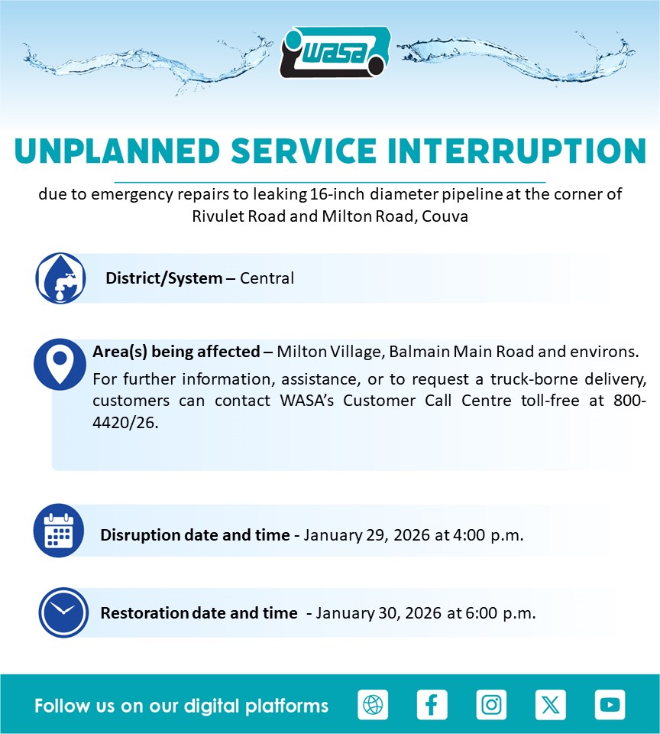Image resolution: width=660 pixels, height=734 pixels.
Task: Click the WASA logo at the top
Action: (335, 52)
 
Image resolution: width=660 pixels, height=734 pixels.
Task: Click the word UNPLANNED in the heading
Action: (118, 151)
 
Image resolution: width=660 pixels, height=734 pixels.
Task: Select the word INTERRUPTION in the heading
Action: (517, 151)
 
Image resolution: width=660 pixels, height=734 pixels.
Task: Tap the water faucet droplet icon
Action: (61, 278)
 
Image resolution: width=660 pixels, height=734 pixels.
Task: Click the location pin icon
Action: (60, 364)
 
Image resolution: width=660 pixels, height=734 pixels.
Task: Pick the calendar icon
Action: (59, 531)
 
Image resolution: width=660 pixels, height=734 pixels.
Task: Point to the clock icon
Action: (63, 612)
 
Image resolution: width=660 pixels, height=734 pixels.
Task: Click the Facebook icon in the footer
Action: (432, 704)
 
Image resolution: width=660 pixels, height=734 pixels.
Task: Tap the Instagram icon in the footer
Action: (491, 704)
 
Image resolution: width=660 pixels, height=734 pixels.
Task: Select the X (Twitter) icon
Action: (551, 704)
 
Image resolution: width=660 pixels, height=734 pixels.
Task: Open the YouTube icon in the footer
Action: (610, 704)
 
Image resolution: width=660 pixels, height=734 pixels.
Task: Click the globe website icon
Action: (373, 704)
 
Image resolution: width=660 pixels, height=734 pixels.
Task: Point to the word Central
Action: (267, 278)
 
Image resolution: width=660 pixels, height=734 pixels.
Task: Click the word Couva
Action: (445, 216)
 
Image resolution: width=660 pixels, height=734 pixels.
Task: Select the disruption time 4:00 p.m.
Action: (488, 535)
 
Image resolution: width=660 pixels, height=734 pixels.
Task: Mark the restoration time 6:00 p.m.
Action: (500, 613)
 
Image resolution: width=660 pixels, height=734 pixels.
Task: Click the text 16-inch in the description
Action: (337, 194)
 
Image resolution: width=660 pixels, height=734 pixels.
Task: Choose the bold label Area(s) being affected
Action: (176, 352)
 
